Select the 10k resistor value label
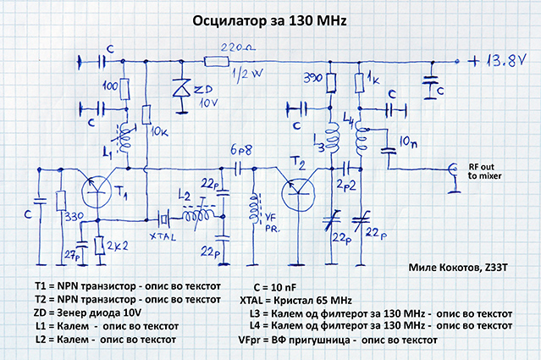(x=158, y=134)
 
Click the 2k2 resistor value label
(x=117, y=247)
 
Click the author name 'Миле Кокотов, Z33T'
(x=467, y=269)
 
